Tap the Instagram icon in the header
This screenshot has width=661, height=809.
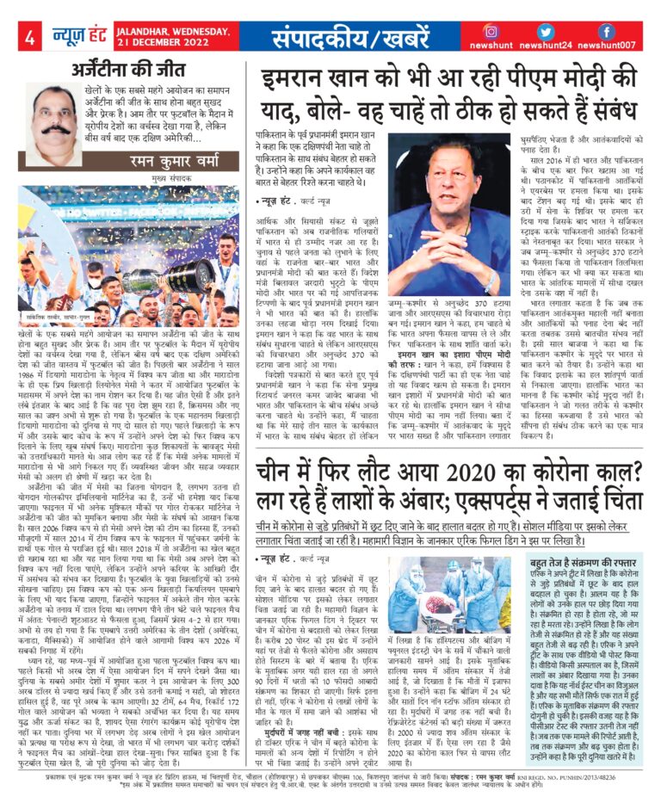click(491, 32)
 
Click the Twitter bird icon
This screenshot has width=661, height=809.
click(548, 32)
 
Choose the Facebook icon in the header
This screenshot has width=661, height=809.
click(606, 32)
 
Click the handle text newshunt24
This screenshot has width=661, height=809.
click(548, 46)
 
